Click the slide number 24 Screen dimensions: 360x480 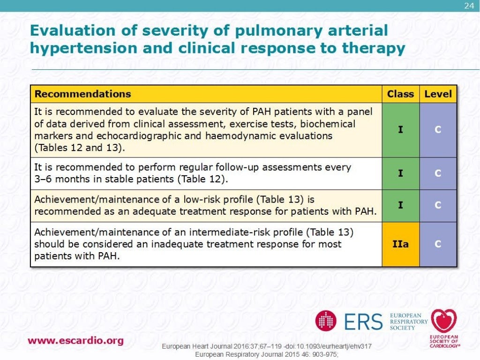tap(469, 6)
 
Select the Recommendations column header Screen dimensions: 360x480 tap(82, 94)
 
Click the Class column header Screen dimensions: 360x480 tap(400, 94)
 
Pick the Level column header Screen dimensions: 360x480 tap(438, 94)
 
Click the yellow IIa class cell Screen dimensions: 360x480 tap(400, 244)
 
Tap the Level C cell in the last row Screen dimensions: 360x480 tap(438, 244)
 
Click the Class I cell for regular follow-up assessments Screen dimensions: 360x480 tap(400, 173)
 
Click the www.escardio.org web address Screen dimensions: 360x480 tap(75, 341)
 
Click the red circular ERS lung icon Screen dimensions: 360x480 tap(326, 321)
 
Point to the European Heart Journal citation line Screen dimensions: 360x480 tap(267, 346)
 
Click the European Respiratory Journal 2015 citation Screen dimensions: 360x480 tap(266, 354)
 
